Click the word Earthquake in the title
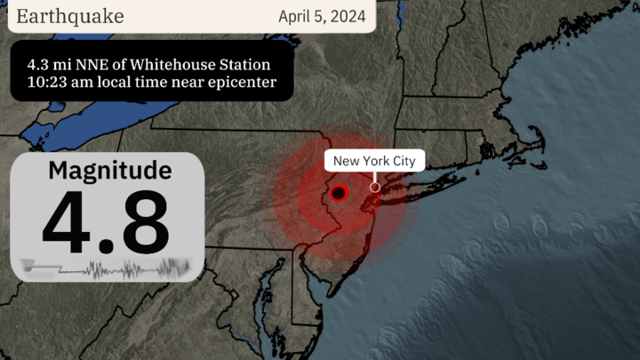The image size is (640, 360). [70, 16]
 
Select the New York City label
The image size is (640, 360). [375, 161]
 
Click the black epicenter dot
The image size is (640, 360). [339, 193]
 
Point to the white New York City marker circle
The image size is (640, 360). [375, 187]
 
